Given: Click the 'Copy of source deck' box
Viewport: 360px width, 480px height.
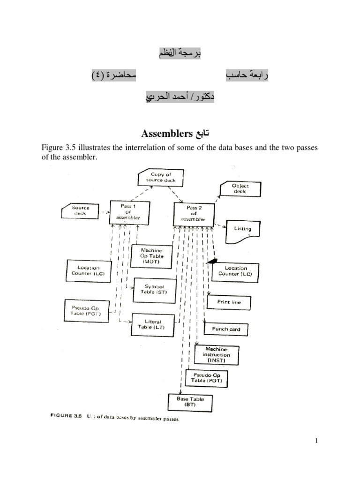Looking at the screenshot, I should [161, 178].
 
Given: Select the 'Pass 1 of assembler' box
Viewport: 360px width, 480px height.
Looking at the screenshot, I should [126, 211].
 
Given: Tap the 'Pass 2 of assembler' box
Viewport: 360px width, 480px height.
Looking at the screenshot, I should [194, 213].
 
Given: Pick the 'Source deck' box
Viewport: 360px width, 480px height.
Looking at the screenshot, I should [81, 210].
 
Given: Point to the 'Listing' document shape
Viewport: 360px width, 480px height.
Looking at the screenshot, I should [242, 230].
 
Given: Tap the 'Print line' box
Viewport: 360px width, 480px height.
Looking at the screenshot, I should [229, 302].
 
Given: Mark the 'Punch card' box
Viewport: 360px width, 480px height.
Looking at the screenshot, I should [226, 329].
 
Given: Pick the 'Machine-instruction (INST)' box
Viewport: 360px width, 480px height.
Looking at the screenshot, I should [216, 355].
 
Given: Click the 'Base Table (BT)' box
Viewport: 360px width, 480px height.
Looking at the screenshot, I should [189, 402].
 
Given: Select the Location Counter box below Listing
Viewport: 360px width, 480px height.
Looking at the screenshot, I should [235, 271].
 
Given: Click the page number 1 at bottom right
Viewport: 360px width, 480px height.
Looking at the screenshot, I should [317, 441].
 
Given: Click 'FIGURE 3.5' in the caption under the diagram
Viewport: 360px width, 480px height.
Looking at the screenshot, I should [66, 416].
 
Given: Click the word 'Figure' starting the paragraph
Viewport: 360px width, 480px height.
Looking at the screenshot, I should [52, 148].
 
